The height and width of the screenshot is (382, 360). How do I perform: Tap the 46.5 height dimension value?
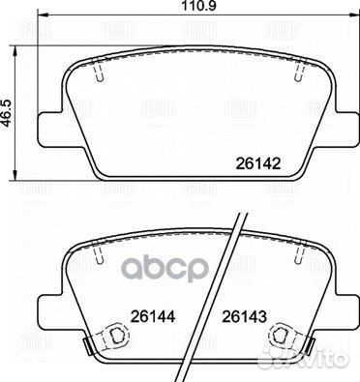click(x=7, y=99)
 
